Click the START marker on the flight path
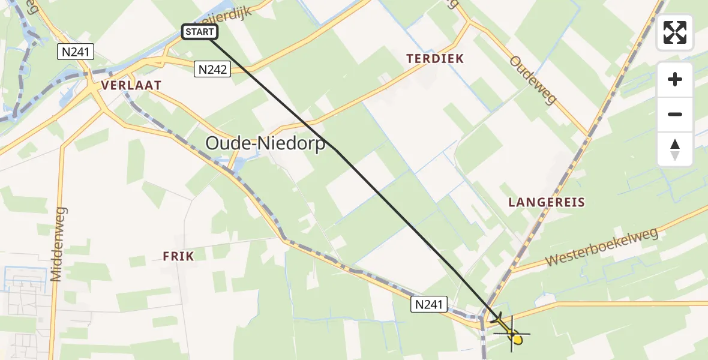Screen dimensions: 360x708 coord(198,32)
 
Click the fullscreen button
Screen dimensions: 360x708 coord(675,32)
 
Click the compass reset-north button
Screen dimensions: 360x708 coord(675,149)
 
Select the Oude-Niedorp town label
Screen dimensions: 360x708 coord(265,143)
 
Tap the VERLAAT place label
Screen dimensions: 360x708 coord(131,85)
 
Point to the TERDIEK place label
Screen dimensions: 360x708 coord(435,59)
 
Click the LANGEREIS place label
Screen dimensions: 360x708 coord(546,202)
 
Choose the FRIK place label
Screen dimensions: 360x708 coord(178,256)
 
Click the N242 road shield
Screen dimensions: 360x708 coord(212,70)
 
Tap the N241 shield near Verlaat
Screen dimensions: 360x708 coord(76,52)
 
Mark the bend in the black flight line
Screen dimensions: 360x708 coord(337,150)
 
